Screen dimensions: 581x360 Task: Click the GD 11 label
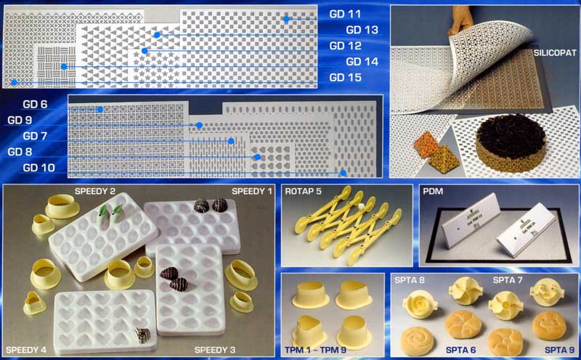click(344, 14)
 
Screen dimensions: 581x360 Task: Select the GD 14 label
click(362, 62)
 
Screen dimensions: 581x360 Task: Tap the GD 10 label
click(39, 168)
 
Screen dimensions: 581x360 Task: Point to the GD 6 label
click(35, 105)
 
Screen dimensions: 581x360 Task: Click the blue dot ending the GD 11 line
click(286, 20)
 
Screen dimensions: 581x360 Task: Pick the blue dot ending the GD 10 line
click(343, 173)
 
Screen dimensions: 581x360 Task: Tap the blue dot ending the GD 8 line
click(257, 157)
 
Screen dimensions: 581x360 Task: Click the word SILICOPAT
click(555, 53)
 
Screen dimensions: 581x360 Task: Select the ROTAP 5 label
click(303, 192)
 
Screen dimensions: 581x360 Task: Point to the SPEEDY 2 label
click(95, 192)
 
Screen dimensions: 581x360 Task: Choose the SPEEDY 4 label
click(26, 350)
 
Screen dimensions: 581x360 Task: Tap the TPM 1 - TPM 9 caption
click(315, 350)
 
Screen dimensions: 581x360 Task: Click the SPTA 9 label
click(559, 350)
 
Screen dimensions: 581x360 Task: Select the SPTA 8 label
click(409, 280)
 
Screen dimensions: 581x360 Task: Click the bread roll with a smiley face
click(549, 326)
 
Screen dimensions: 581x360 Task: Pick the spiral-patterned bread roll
click(417, 340)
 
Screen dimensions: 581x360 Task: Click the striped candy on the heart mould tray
click(142, 335)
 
